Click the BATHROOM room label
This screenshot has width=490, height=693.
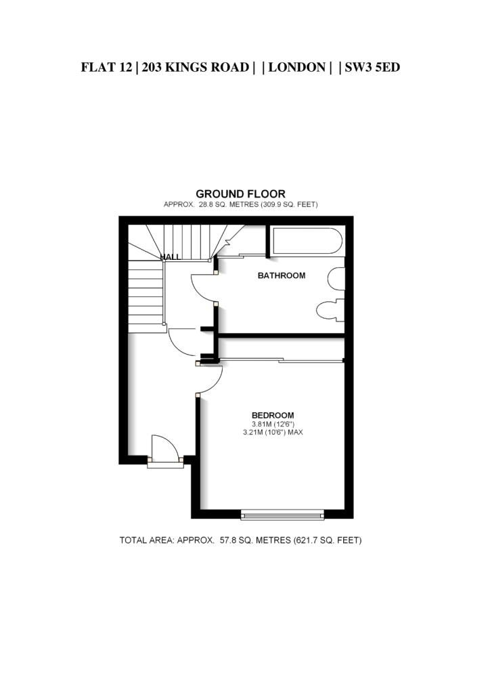click(x=282, y=275)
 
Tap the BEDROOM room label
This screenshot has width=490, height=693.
click(x=273, y=415)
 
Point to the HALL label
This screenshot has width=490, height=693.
click(x=170, y=256)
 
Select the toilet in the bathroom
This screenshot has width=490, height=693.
click(x=330, y=309)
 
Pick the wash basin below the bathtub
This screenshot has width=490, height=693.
click(x=336, y=279)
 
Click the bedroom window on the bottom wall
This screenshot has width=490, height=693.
click(x=282, y=514)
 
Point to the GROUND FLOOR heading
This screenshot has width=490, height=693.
click(x=240, y=194)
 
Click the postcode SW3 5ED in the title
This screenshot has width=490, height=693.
click(x=372, y=67)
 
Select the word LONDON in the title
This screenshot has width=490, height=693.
click(x=297, y=67)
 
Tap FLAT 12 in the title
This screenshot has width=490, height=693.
click(x=106, y=67)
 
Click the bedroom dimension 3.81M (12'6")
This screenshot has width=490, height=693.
click(x=273, y=424)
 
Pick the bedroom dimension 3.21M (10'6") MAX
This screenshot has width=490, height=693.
click(x=273, y=432)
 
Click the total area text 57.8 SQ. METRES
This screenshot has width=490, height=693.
click(x=255, y=540)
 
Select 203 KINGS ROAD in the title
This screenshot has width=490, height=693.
click(x=196, y=67)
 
